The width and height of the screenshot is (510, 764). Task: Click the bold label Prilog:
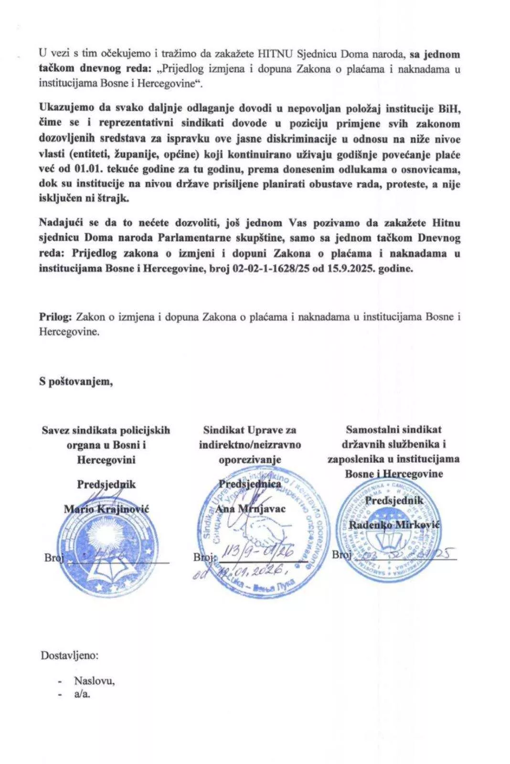coord(55,317)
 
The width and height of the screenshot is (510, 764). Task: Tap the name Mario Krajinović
coord(106,509)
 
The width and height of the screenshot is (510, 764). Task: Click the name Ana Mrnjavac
coord(250,508)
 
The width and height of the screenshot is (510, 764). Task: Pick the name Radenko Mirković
coord(394,525)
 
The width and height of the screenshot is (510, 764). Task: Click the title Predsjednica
coord(250,483)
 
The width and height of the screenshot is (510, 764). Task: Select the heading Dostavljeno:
coord(70,655)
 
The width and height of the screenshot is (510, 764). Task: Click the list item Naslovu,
coord(94,681)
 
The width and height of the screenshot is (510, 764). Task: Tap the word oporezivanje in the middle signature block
coord(250,460)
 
